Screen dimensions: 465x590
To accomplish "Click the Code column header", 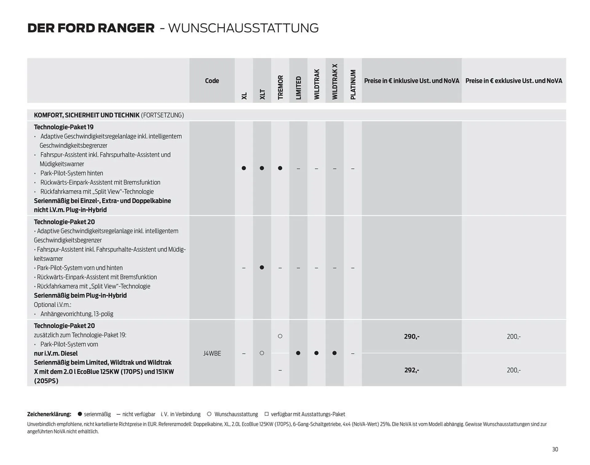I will pos(212,81).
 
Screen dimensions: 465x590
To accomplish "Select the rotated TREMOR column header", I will pos(280,87).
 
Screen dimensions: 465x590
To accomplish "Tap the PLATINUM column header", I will pos(353,84).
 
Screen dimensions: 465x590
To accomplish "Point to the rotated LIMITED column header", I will pos(298,88).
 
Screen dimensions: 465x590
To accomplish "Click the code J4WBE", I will pos(212,353).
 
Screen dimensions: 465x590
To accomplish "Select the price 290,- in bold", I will pos(411,337).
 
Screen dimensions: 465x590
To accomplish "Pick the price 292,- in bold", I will pos(411,370).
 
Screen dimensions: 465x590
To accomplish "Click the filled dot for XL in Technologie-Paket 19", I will pos(244,168).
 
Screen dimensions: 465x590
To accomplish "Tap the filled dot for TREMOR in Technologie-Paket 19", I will pos(280,168).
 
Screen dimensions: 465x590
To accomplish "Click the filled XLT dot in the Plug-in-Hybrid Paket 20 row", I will pos(262,268).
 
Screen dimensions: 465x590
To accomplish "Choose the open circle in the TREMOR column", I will pos(280,336).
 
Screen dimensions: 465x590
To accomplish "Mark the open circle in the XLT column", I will pos(262,353).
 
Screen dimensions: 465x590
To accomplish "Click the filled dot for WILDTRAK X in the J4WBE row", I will pos(334,353).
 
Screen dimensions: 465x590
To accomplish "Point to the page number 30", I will pos(555,449).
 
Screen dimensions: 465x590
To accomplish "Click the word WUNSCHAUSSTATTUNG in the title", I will pos(243,28).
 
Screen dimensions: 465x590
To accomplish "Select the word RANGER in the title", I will pos(126,28).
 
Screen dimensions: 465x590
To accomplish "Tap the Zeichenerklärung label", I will pos(49,414).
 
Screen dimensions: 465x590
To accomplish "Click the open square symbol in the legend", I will pos(266,414).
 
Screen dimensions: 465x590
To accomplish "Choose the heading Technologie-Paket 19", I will pos(64,127).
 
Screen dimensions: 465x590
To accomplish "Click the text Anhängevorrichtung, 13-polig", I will pos(77,314).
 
